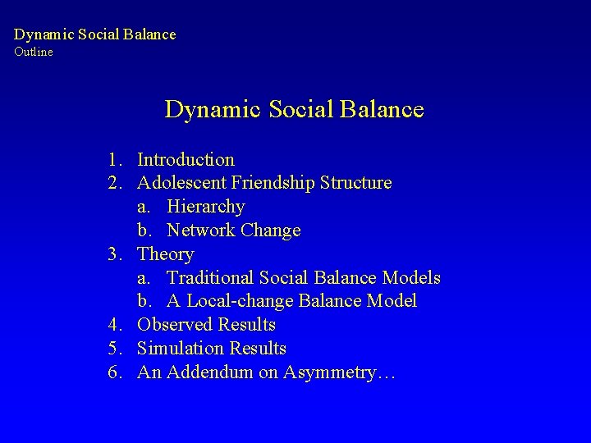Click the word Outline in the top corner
click(33, 52)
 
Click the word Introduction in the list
click(186, 159)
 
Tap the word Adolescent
click(182, 182)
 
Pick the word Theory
click(165, 254)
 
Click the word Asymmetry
click(338, 372)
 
